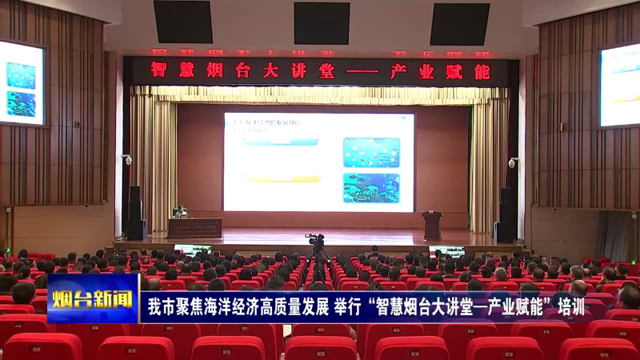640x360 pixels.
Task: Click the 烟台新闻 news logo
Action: pos(92,299)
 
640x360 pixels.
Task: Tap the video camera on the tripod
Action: pos(317,240)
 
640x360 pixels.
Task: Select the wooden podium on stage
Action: pos(432,225)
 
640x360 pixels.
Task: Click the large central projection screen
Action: pos(318,162)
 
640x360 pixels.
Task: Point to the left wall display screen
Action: pos(21,83)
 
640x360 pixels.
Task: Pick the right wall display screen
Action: pos(620,85)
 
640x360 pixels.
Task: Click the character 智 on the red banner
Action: pos(158,71)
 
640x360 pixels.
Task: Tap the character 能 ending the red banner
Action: pos(482,72)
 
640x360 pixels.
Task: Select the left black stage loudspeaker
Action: pos(135,213)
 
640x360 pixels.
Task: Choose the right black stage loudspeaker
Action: pos(506,214)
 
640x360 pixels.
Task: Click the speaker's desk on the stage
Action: pos(194,227)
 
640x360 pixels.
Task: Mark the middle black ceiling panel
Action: pos(322,23)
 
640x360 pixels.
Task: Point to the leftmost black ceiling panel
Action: pos(183,22)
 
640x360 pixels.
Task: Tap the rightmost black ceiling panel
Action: pos(459,24)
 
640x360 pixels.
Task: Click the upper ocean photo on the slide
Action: pos(371,152)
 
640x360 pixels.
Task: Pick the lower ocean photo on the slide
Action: pos(371,188)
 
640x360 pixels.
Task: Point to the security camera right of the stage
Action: pos(513,162)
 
